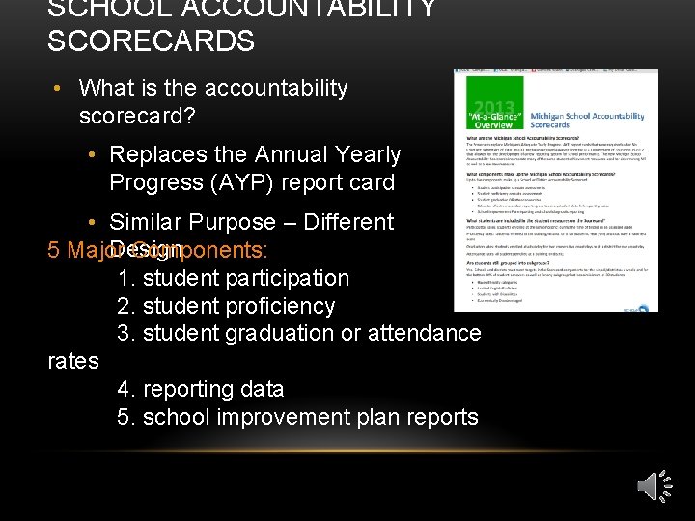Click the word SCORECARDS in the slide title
tap(151, 41)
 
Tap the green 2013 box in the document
tap(493, 112)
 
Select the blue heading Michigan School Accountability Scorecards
tap(602, 120)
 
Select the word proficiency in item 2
tap(280, 306)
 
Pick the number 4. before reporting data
tap(126, 389)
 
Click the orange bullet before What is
tap(61, 88)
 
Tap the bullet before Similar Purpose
tap(91, 222)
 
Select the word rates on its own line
tap(73, 361)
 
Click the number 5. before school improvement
tap(126, 417)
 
